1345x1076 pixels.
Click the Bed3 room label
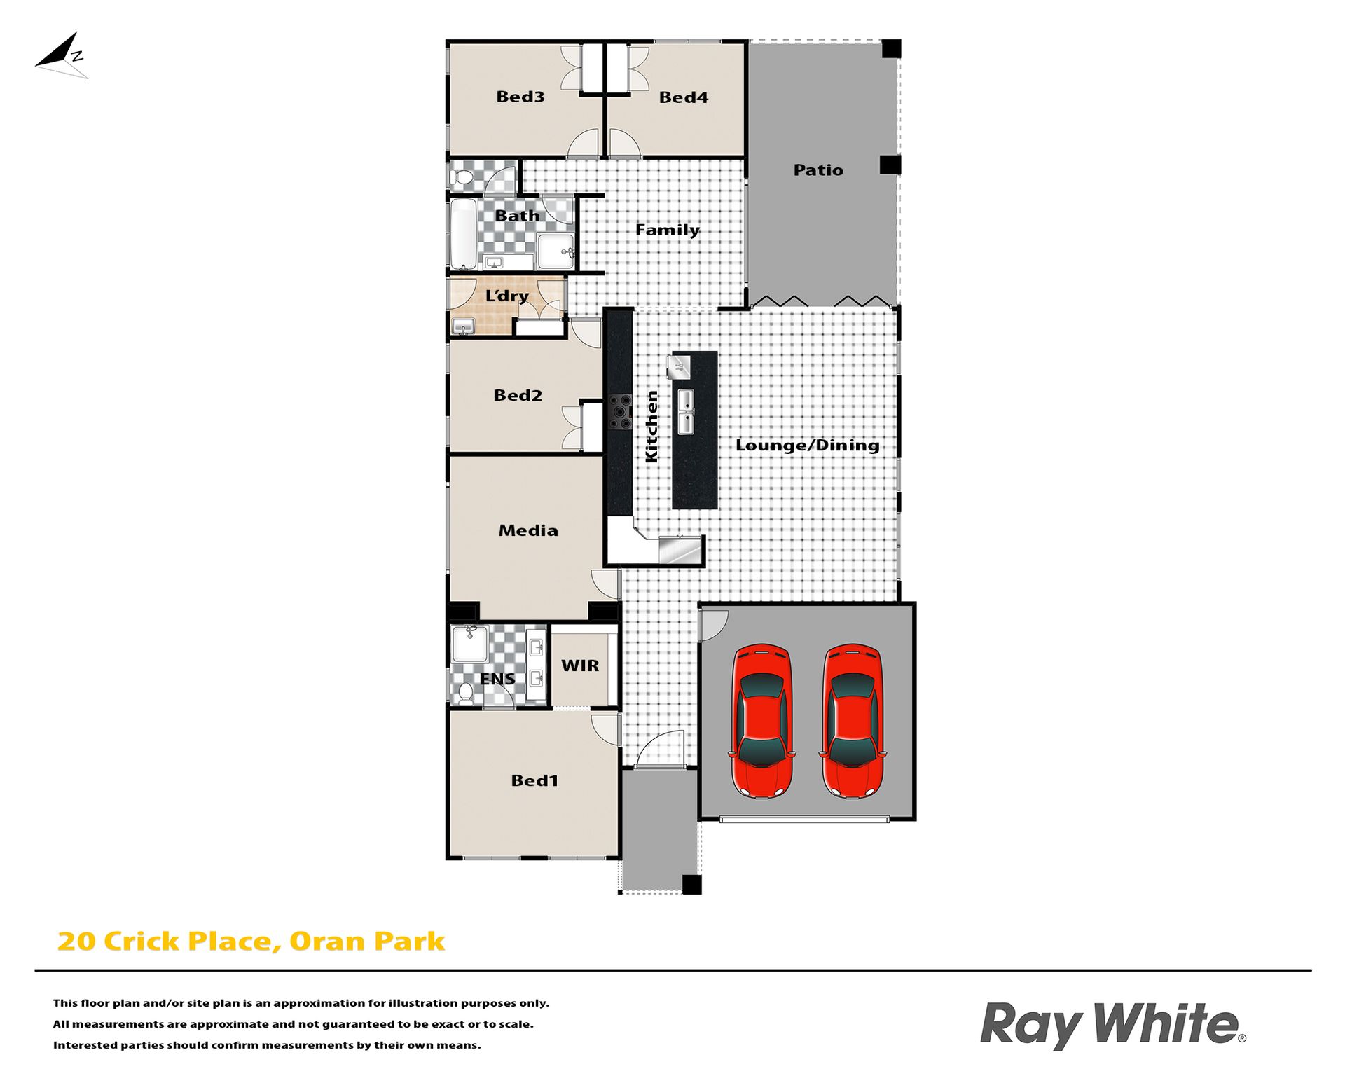coord(520,97)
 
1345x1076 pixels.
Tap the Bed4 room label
coord(683,97)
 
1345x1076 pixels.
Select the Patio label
coord(818,170)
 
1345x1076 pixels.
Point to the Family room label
coord(667,230)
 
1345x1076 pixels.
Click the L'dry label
coord(506,296)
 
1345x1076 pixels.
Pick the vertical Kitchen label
coord(651,426)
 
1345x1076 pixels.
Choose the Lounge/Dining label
coord(807,445)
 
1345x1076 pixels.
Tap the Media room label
coord(528,530)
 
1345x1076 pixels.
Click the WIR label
coord(580,665)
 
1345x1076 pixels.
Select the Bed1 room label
coord(534,780)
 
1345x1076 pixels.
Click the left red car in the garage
coord(762,721)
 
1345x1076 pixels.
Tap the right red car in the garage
coord(853,721)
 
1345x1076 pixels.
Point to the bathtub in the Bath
coord(463,234)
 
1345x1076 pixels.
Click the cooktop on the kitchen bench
coord(620,412)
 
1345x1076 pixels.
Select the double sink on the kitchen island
coord(686,412)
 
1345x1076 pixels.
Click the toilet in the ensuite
coord(465,693)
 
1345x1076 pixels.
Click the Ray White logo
coord(1112,1026)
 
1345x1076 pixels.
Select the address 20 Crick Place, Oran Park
coord(251,941)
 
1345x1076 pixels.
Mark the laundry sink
coord(463,326)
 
